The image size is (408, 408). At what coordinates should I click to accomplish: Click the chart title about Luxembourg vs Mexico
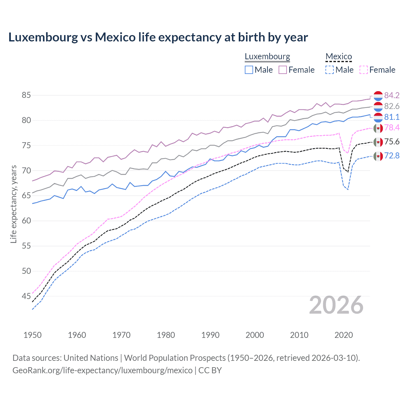[158, 37]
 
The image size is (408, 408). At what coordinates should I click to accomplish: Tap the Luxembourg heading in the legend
[267, 56]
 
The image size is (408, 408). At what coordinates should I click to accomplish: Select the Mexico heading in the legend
[339, 56]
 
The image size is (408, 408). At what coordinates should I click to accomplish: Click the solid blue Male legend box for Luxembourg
[249, 70]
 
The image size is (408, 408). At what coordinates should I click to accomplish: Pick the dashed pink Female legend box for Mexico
[364, 70]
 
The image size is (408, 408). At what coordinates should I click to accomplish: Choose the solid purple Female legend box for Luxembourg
[283, 70]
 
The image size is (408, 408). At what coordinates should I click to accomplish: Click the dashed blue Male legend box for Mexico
[330, 70]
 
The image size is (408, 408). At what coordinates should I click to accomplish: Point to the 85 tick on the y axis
[26, 95]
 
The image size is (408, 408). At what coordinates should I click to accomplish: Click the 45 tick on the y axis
[26, 296]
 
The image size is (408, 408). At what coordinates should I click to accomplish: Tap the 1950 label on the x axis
[33, 335]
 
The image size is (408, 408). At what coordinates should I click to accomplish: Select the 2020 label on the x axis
[344, 335]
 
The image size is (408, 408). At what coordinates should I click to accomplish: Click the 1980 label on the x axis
[166, 335]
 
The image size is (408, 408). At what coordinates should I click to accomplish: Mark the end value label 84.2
[392, 95]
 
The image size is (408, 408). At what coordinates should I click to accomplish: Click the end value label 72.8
[392, 156]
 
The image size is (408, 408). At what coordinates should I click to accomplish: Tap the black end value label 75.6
[392, 142]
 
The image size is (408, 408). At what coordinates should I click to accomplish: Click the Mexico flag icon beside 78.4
[378, 128]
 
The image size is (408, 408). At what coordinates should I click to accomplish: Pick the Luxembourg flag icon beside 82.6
[378, 106]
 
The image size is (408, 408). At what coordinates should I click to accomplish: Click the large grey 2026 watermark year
[336, 305]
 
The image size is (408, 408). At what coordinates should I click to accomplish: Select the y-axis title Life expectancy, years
[14, 204]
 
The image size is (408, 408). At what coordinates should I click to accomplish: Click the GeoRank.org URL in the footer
[102, 370]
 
